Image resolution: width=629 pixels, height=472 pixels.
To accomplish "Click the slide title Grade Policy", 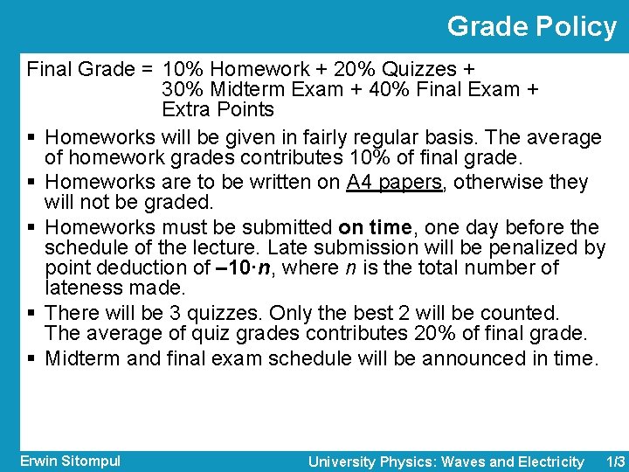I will [x=531, y=27].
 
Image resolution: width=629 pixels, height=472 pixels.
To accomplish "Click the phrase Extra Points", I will [x=218, y=110].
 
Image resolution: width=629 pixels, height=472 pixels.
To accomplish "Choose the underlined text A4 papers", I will [x=395, y=183].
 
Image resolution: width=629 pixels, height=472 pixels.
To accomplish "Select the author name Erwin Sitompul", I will [x=70, y=461].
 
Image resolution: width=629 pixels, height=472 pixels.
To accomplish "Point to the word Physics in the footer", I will [x=409, y=462].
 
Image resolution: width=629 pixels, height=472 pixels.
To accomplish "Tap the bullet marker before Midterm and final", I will [x=31, y=359].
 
